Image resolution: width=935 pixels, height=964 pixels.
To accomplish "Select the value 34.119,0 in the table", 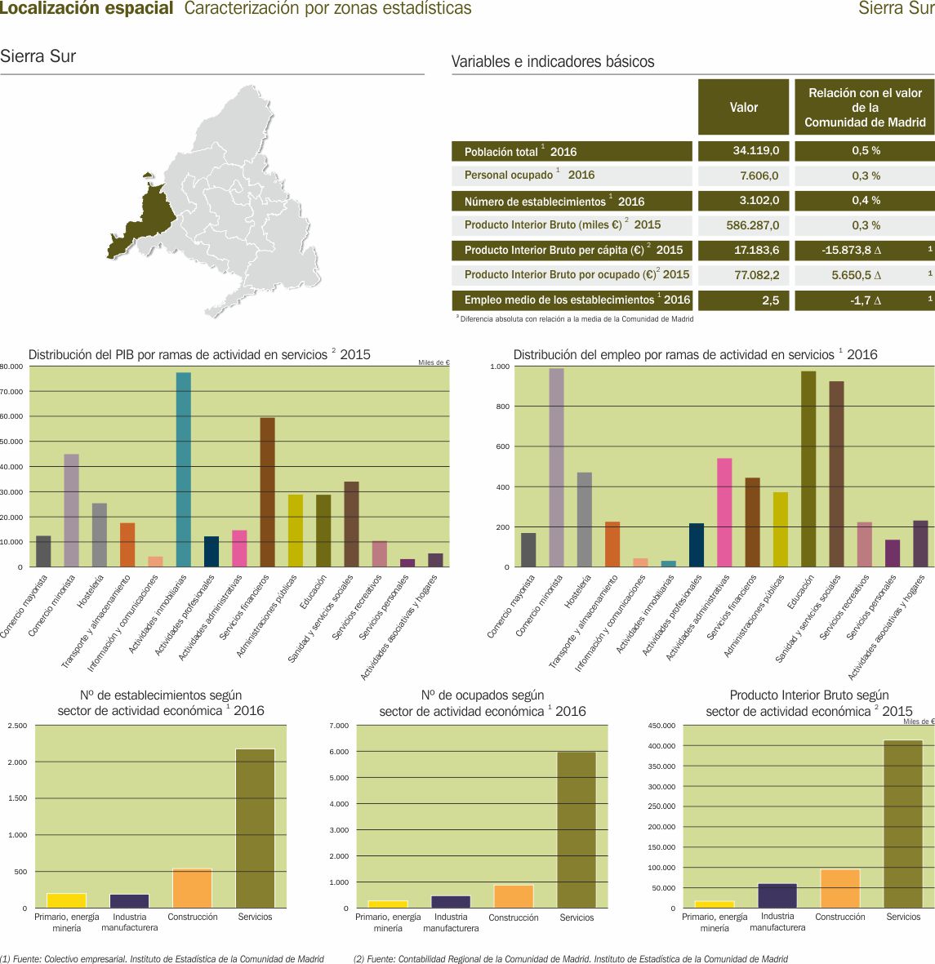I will [x=757, y=151].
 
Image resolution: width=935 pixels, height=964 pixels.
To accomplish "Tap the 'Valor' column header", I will [x=743, y=107].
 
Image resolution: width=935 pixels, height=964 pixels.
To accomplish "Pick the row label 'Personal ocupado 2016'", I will [x=529, y=175].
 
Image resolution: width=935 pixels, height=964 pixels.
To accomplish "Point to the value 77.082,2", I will [x=757, y=275].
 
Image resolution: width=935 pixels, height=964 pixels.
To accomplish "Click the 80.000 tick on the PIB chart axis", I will [x=11, y=366].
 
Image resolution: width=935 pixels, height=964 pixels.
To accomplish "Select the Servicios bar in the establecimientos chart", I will [x=255, y=828].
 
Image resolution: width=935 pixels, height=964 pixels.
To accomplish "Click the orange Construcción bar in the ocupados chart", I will [x=514, y=896].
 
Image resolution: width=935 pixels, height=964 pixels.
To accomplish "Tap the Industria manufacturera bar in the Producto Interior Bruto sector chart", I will [x=777, y=895].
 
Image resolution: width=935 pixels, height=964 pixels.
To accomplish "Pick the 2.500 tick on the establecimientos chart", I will [x=18, y=726].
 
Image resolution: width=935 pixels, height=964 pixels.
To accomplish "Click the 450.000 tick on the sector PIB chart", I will [x=661, y=726].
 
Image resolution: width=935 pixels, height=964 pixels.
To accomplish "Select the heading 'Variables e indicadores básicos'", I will [x=553, y=62].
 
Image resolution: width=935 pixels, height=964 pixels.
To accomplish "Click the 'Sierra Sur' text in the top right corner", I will [x=896, y=9].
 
